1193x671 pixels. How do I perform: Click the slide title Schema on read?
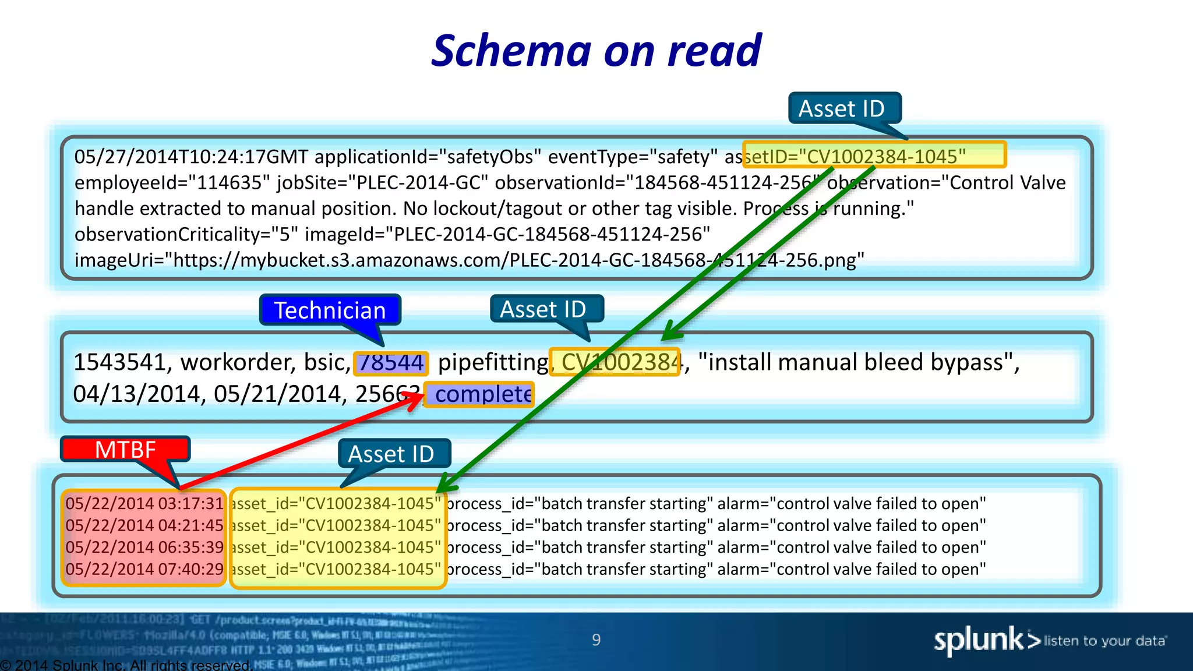tap(596, 51)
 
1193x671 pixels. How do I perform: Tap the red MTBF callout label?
tap(125, 450)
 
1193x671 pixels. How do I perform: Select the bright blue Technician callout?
tap(330, 310)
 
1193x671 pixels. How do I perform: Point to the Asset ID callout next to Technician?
tap(543, 309)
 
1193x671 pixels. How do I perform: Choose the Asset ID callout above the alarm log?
tap(391, 454)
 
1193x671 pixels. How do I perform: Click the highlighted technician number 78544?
tap(391, 363)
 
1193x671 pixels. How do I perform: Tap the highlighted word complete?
tap(482, 394)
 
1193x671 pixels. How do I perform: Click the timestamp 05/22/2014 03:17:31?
tap(144, 503)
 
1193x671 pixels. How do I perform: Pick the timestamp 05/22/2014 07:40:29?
tap(144, 569)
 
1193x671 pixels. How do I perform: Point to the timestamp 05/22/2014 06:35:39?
tap(144, 547)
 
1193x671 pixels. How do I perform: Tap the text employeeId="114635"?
tap(172, 182)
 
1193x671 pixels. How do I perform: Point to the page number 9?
tap(596, 640)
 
